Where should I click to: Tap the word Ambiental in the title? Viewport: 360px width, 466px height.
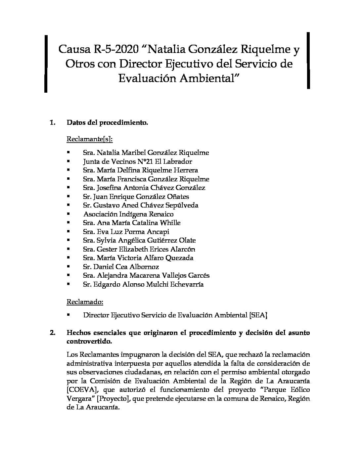[x=209, y=78]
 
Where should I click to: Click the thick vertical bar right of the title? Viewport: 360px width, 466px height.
[x=308, y=61]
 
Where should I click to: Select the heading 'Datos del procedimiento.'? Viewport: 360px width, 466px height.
[x=107, y=123]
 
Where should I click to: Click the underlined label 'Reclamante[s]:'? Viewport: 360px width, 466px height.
[x=89, y=139]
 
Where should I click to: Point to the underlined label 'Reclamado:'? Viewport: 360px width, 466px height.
[x=85, y=302]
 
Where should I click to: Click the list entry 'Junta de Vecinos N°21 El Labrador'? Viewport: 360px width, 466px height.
[x=137, y=162]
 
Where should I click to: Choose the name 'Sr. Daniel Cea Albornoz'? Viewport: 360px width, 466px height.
[x=121, y=267]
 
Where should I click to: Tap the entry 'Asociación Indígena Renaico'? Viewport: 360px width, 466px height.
[x=128, y=214]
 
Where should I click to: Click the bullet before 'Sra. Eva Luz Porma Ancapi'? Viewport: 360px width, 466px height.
[x=68, y=231]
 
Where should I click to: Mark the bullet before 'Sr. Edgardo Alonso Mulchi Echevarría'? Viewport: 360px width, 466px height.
[x=68, y=284]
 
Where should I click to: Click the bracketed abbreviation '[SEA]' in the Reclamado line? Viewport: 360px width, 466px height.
[x=258, y=315]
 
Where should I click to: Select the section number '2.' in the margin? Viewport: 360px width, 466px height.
[x=53, y=333]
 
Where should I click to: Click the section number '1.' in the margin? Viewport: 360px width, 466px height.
[x=52, y=123]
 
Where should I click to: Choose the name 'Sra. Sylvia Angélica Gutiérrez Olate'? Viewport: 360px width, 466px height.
[x=139, y=240]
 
